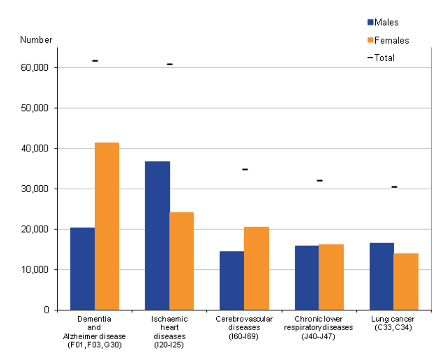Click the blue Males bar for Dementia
tap(83, 268)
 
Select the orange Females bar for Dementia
tap(107, 226)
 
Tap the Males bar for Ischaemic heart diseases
tap(157, 236)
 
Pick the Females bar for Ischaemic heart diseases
tap(182, 261)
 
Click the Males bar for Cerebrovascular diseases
tap(232, 280)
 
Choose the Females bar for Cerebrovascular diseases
tap(257, 268)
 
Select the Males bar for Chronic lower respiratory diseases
tap(307, 277)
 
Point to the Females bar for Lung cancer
tap(406, 281)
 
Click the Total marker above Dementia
tap(95, 61)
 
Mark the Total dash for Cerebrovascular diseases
tap(245, 169)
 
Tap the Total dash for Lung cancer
tap(394, 187)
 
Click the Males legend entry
tap(383, 22)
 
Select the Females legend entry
tap(388, 40)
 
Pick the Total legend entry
tap(381, 58)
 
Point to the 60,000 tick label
tap(34, 68)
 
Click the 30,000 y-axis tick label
tap(34, 189)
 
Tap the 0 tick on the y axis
tap(46, 310)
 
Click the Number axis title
tap(36, 40)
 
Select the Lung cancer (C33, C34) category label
tap(393, 323)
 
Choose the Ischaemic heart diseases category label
tap(169, 332)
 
